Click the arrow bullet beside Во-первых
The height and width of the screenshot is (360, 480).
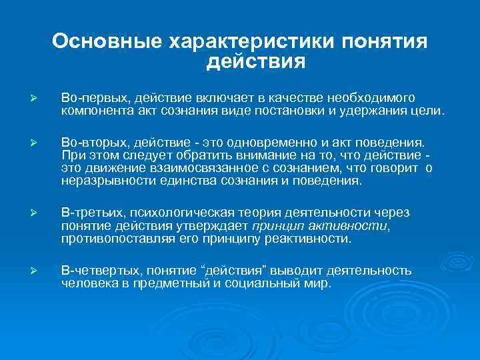[x=41, y=98]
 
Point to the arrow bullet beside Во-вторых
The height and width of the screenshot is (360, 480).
[x=41, y=143]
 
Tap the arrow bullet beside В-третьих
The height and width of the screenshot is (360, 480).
[x=41, y=213]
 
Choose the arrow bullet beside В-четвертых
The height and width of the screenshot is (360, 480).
[x=41, y=271]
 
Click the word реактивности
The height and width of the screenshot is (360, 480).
[x=310, y=238]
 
